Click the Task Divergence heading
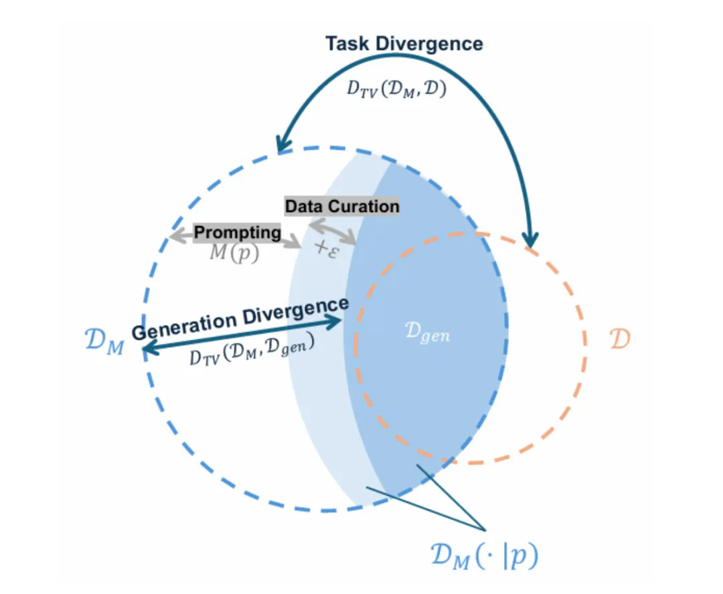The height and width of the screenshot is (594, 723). coord(404,44)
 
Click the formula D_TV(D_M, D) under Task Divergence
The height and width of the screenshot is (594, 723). coord(396,88)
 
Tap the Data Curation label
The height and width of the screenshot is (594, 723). coord(342,206)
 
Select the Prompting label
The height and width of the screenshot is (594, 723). coord(237,232)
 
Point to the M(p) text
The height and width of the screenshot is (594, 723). coord(234,254)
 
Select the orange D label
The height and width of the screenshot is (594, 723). coord(620,339)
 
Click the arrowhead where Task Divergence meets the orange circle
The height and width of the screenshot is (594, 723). coord(530,239)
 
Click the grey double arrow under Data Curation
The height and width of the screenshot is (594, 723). coord(331,231)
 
